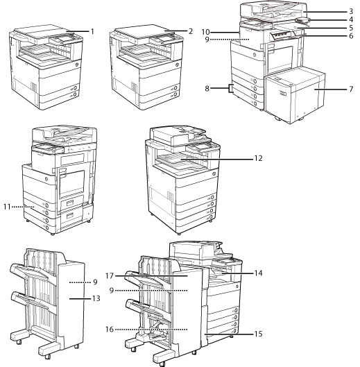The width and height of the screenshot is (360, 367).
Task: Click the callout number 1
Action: [93, 31]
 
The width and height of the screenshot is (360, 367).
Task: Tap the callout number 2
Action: [191, 31]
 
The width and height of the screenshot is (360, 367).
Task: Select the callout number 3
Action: [351, 12]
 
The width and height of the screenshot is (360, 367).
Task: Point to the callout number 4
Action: [351, 19]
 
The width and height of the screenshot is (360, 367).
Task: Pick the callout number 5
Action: [351, 28]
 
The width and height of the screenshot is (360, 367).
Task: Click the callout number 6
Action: [351, 36]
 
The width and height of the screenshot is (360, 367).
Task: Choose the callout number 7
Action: [351, 89]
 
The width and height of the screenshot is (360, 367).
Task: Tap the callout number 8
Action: [207, 89]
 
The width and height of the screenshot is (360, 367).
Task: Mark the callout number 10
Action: [206, 32]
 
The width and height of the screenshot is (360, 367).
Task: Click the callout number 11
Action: [7, 207]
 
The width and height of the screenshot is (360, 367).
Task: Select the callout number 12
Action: [259, 158]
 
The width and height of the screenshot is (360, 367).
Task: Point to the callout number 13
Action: [96, 298]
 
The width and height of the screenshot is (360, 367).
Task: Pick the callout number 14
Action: [259, 273]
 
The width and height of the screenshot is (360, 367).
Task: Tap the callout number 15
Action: [259, 334]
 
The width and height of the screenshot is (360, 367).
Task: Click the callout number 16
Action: [110, 330]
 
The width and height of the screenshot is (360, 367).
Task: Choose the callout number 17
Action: [110, 276]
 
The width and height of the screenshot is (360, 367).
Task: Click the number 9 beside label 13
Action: [95, 282]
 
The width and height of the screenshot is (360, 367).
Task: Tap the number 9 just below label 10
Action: [207, 40]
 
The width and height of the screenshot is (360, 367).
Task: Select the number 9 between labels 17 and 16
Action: [112, 291]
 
